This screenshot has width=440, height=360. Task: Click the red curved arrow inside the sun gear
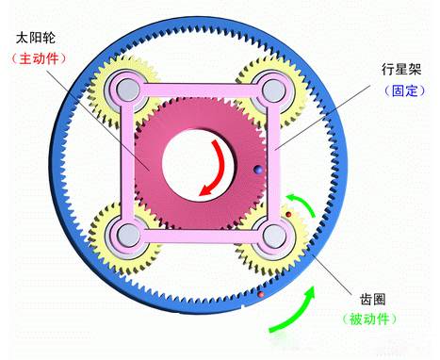pos(215,172)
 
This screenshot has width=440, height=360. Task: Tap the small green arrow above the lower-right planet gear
pos(300,201)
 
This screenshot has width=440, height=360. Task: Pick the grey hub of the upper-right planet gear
pos(273,91)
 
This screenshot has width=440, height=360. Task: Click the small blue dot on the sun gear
pos(256,171)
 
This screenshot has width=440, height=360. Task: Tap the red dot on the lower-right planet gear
pos(288,216)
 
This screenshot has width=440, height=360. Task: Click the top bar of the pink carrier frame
pos(198,91)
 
